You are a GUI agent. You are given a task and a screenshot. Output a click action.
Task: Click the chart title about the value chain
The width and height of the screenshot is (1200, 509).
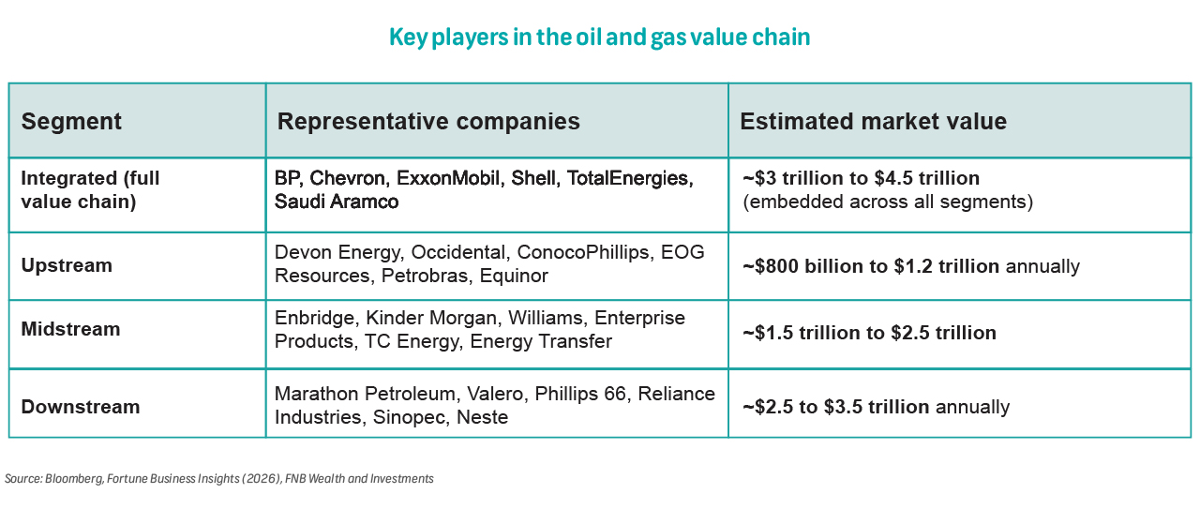(600, 37)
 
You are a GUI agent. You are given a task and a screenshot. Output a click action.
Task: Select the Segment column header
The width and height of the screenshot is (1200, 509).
(71, 122)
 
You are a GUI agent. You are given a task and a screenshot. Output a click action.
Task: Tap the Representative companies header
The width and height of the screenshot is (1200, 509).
(428, 122)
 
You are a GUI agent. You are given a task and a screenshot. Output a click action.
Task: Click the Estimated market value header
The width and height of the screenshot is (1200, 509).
(873, 122)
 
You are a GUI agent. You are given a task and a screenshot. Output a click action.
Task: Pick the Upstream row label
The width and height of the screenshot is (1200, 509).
(67, 265)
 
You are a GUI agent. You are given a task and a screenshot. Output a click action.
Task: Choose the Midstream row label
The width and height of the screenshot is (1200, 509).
(70, 329)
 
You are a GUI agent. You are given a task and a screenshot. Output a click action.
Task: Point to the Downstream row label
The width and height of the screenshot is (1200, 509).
(81, 407)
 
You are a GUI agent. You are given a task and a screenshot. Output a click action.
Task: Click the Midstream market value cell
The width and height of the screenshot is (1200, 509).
(869, 333)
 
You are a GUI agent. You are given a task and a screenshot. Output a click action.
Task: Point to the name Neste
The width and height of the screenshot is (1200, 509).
(482, 417)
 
